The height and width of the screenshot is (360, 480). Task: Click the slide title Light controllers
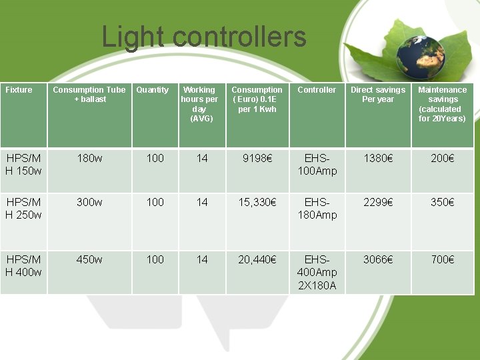(203, 37)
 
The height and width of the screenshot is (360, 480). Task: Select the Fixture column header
(19, 90)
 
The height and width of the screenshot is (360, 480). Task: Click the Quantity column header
(153, 90)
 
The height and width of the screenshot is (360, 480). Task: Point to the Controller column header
(317, 90)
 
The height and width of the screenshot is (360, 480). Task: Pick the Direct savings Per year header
(378, 95)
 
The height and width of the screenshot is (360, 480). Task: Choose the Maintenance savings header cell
(443, 104)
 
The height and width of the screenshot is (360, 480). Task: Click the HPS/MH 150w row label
(23, 165)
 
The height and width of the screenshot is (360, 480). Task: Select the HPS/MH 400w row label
(23, 266)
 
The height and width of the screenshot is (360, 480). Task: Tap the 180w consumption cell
(89, 159)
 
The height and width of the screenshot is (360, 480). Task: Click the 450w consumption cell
(89, 260)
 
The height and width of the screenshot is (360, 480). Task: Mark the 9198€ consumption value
(257, 159)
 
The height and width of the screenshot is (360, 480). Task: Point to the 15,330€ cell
(257, 203)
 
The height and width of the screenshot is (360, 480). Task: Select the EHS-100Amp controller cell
(317, 165)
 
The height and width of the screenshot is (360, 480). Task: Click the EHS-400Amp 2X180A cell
(317, 273)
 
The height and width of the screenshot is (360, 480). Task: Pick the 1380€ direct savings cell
(378, 159)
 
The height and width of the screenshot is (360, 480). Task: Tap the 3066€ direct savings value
(378, 260)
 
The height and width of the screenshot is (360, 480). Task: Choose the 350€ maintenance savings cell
(442, 203)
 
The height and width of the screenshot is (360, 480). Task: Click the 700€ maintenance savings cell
(442, 260)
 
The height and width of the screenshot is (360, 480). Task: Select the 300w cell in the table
(89, 203)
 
